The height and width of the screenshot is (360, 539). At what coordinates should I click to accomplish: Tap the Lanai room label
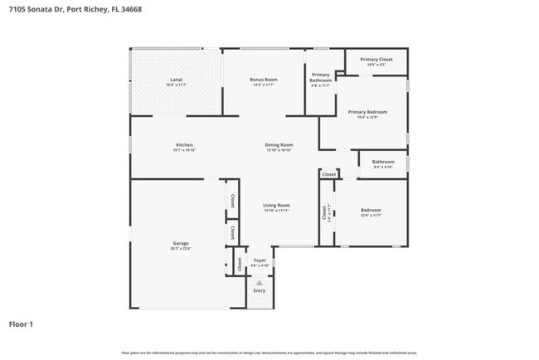pos(175,80)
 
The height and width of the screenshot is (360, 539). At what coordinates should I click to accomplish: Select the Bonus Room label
pos(264,80)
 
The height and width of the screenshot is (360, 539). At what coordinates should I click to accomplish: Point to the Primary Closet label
pos(376,60)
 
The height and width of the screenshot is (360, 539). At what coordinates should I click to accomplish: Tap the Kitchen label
pos(184,144)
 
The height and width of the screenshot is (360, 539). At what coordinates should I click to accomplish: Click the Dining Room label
pos(279,144)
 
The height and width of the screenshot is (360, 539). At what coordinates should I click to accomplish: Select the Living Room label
pos(276,205)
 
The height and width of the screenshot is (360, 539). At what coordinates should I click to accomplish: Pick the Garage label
pos(181,243)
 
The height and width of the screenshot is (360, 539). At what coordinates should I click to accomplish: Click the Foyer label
pos(260,260)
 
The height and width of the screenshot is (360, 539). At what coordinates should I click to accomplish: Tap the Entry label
pos(260,290)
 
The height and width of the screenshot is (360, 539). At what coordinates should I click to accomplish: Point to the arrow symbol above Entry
pos(260,283)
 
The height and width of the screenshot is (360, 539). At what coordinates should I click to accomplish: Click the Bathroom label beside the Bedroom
pos(382,162)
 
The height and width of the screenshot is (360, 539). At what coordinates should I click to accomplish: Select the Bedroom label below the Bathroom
pos(371,210)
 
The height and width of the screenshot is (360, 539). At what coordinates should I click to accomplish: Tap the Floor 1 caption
pos(22,324)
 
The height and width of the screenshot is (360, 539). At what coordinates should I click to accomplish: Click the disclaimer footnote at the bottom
pos(269,353)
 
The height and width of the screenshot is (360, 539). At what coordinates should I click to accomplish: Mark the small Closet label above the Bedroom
pos(329,174)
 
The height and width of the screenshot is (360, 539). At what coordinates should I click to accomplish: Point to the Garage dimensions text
pos(181,248)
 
